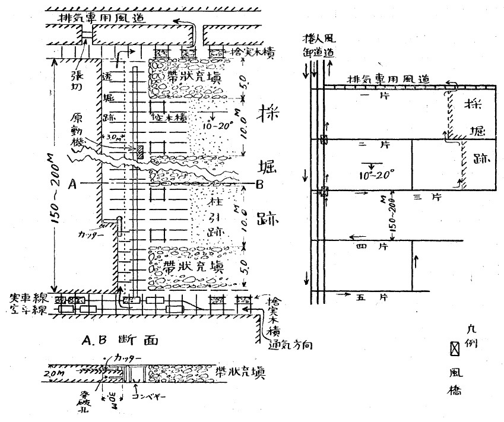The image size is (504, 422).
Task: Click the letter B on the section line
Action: [259, 183]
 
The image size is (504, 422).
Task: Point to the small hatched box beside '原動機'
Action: [140, 152]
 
